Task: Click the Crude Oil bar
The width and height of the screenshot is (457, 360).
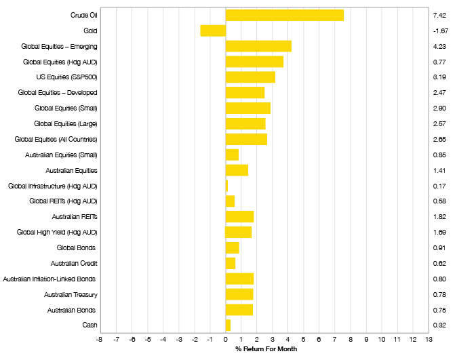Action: [284, 15]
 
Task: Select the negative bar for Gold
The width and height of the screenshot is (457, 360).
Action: [213, 31]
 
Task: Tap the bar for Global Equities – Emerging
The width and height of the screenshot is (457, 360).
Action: [258, 46]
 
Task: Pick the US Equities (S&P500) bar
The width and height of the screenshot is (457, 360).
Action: [250, 77]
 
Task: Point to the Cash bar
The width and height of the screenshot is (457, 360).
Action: [228, 325]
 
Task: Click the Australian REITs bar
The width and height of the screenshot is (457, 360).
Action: [239, 216]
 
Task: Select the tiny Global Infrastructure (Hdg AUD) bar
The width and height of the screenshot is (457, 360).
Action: [226, 185]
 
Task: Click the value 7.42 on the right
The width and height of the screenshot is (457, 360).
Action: [439, 15]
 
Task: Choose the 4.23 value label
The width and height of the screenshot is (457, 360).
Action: [439, 46]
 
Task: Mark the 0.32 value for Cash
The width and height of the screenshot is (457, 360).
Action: [439, 325]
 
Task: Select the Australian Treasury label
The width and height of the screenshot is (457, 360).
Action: [71, 294]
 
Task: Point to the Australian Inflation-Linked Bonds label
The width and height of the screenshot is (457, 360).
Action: [50, 279]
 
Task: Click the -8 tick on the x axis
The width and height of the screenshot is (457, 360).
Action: [100, 340]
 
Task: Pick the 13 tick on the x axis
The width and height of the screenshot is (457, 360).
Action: [429, 340]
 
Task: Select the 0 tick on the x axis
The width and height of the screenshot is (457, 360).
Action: [226, 340]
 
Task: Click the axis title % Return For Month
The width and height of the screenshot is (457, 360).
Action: [266, 349]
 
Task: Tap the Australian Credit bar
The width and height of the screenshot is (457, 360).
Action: [231, 263]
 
